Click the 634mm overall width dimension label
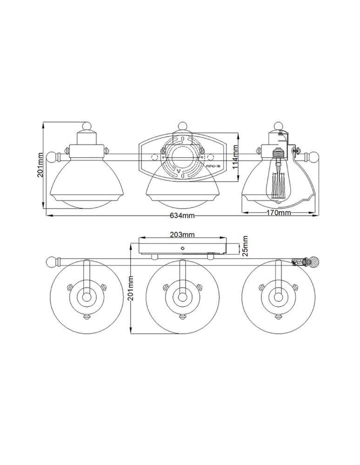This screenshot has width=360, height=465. tap(182, 215)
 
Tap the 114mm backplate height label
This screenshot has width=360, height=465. tap(236, 156)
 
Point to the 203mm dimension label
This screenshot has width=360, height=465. tap(182, 234)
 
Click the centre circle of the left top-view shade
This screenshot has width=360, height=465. tap(87, 296)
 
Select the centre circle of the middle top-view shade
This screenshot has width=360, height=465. tap(182, 296)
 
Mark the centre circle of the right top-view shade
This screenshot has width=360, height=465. tap(278, 296)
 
